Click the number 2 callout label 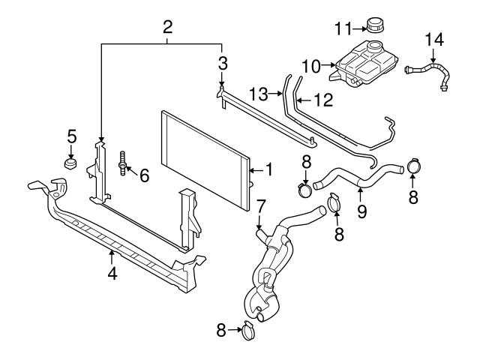[168, 28]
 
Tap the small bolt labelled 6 [121, 162]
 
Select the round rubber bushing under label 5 [71, 164]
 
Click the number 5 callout [72, 136]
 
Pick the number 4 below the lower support [112, 274]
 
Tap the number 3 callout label [223, 61]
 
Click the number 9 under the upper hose [361, 211]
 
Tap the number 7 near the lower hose [260, 205]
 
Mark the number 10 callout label [310, 65]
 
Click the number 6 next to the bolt [143, 175]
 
